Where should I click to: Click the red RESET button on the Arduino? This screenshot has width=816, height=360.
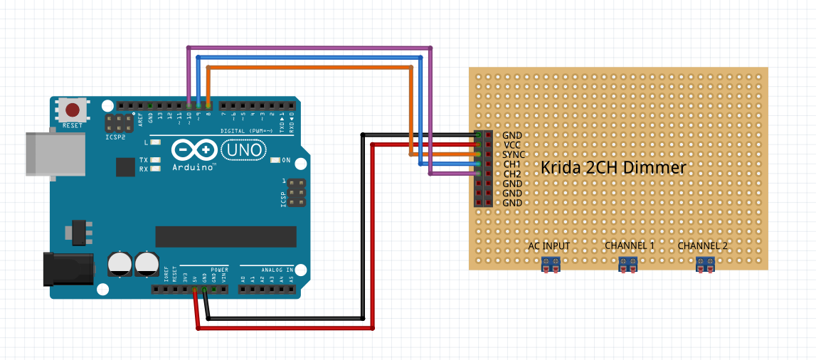click(x=73, y=110)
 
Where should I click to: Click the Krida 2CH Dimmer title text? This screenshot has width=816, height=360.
click(x=613, y=168)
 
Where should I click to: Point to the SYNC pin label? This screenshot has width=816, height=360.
click(x=514, y=154)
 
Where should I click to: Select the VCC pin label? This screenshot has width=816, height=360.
click(x=512, y=144)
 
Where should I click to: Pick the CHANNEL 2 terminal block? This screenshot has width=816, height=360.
click(x=705, y=265)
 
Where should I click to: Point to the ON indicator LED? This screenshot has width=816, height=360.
click(x=275, y=159)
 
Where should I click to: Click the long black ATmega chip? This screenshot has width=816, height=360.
click(x=226, y=236)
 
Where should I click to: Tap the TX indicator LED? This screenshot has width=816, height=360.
click(x=156, y=160)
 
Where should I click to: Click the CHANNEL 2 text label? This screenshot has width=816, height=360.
click(x=703, y=246)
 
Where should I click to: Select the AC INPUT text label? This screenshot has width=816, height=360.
click(x=549, y=246)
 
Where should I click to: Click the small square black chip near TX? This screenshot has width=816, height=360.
click(x=125, y=166)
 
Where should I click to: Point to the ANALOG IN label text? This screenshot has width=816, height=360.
click(x=277, y=270)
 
